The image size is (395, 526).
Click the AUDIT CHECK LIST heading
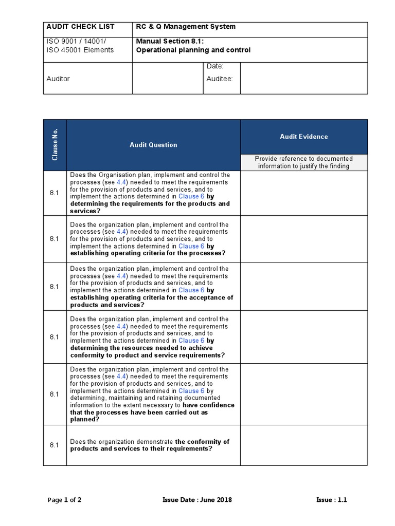pos(80,27)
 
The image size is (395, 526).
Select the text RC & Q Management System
pos(186,27)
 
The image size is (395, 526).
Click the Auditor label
pos(58,79)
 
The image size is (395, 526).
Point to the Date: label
pos(215,67)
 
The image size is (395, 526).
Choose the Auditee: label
pos(220,79)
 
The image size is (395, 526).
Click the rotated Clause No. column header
pos(55,145)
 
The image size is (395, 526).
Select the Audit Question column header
pos(153,145)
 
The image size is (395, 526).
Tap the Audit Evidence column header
pos(303,137)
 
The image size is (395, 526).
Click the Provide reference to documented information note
pos(303,162)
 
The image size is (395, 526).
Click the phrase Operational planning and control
pos(193,50)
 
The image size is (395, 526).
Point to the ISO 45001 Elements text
pos(80,50)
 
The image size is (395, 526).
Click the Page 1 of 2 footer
pos(64,500)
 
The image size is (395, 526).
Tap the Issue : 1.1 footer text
pos(332,500)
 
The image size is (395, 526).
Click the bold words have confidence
pos(208,405)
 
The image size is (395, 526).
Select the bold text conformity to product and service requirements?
pos(148,355)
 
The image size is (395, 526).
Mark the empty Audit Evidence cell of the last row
pos(303,445)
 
